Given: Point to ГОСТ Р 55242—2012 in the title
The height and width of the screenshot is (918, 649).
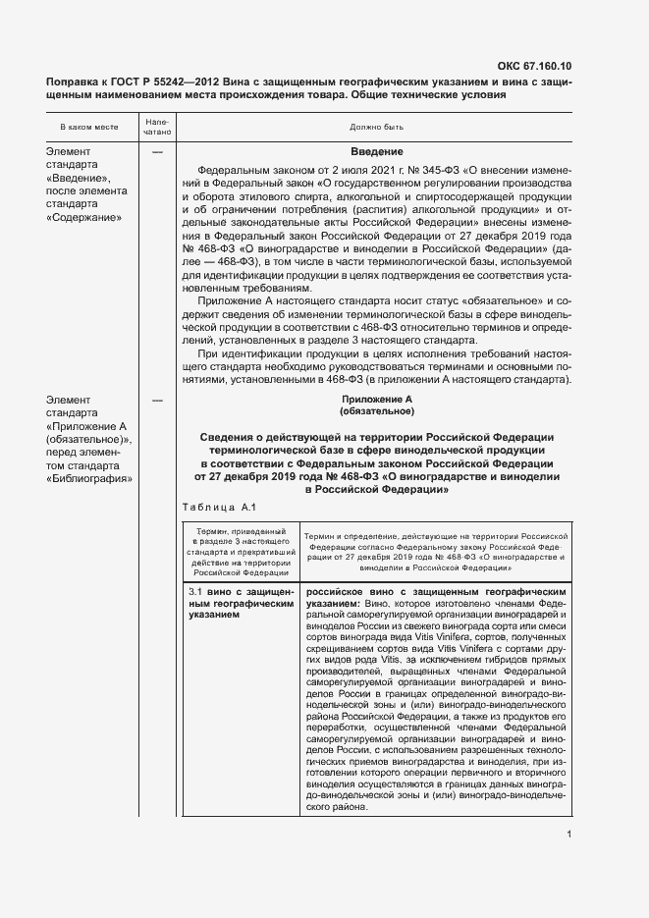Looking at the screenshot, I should (174, 82).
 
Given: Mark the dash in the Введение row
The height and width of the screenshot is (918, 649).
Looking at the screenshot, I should (157, 152).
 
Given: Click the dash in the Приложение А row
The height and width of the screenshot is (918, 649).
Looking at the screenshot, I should (157, 401).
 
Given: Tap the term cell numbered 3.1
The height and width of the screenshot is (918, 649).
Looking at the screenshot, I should (240, 606).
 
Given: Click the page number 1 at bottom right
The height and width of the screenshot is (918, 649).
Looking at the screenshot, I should (569, 835).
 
